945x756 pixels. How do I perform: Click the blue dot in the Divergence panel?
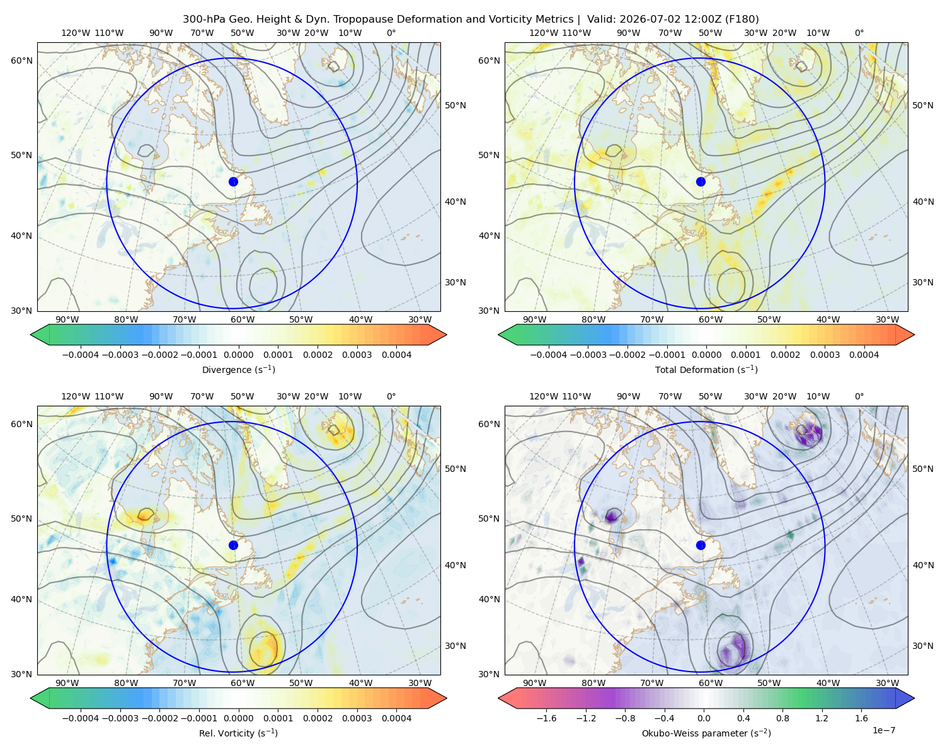point(233,181)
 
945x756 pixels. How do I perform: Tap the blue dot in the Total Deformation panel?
point(701,181)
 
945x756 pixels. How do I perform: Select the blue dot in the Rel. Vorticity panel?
point(233,545)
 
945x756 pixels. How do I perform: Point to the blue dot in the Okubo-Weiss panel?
point(701,545)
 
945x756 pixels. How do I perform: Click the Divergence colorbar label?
point(238,369)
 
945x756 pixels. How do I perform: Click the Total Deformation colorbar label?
point(706,369)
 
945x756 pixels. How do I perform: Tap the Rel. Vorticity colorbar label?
point(238,733)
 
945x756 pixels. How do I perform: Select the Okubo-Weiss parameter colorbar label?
point(706,733)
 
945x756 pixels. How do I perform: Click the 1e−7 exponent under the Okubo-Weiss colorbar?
point(883,730)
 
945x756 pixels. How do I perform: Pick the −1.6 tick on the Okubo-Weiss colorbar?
point(546,718)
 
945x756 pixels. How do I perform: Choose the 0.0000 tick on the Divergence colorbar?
point(238,355)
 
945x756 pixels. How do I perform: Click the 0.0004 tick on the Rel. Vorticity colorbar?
point(396,718)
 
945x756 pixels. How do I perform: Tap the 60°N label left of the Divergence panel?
point(21,60)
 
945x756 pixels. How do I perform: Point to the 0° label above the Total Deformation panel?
point(859,33)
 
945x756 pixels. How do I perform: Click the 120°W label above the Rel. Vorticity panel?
point(76,396)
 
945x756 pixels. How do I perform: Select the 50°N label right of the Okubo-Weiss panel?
point(922,469)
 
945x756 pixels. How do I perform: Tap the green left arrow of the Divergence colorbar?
point(40,335)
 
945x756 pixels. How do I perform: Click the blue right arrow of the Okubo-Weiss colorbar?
point(905,698)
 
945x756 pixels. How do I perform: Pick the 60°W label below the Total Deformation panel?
point(710,319)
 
